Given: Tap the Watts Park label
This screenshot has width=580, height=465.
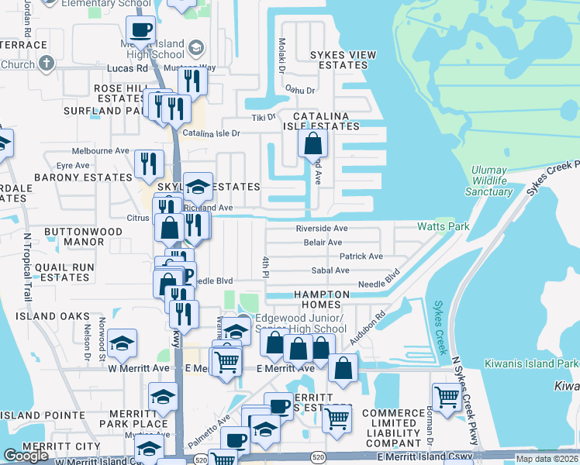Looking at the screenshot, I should point(444,227).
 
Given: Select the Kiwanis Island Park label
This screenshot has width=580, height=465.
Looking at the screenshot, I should point(531,363).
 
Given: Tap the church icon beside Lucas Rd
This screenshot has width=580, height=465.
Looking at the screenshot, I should point(46,63).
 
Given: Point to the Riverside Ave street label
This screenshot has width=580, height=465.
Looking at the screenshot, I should point(321,229).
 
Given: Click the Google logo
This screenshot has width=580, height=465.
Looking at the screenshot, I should point(26,456).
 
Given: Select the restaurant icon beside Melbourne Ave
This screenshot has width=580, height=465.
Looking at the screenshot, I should point(148,164).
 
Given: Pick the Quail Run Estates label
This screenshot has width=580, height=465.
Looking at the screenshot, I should point(56,272).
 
